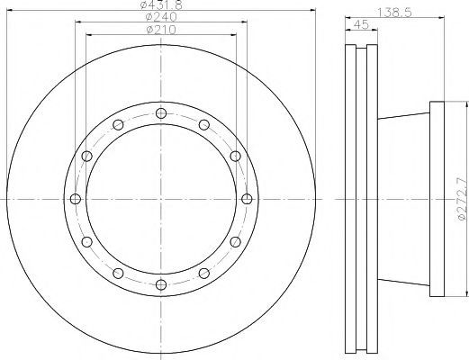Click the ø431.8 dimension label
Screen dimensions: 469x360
pos(161,4)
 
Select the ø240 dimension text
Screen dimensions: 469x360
pos(161,16)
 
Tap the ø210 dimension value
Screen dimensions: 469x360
pos(161,30)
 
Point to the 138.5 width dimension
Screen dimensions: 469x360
pos(394,13)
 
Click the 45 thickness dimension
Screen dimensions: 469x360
pos(361,25)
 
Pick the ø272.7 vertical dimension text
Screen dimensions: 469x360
pos(464,199)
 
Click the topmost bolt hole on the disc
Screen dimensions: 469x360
pos(161,113)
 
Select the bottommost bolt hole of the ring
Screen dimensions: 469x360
pos(161,284)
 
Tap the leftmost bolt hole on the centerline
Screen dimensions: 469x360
pos(76,199)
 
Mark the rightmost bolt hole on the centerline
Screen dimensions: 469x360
pos(247,199)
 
